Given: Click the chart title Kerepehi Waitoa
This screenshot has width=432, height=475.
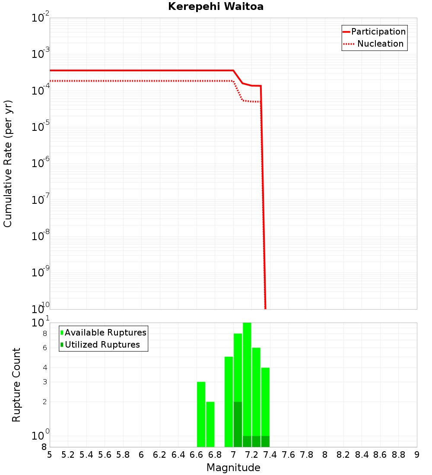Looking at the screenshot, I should (216, 6).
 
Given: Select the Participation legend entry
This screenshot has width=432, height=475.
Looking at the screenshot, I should (378, 32).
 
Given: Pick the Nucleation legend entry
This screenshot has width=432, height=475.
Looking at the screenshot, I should (380, 44).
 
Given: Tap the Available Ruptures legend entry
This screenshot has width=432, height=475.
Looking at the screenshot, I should (105, 332).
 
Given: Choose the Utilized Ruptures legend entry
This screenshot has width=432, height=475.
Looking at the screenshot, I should (102, 345).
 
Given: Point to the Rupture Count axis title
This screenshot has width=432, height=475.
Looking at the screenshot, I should (16, 385).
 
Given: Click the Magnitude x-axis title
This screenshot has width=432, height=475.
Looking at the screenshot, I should (233, 468).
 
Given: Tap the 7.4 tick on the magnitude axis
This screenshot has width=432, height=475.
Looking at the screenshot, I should (270, 455).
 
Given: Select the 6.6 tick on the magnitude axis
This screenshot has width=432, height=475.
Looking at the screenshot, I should (197, 455).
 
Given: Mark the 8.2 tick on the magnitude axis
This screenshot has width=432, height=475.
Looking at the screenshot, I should (343, 455).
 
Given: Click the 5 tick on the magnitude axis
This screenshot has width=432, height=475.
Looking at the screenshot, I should (50, 455).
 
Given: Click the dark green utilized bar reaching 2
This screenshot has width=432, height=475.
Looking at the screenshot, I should (238, 424).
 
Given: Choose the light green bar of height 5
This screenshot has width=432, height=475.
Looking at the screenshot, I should (229, 402).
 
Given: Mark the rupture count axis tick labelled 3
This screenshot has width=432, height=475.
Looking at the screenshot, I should (45, 382).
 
